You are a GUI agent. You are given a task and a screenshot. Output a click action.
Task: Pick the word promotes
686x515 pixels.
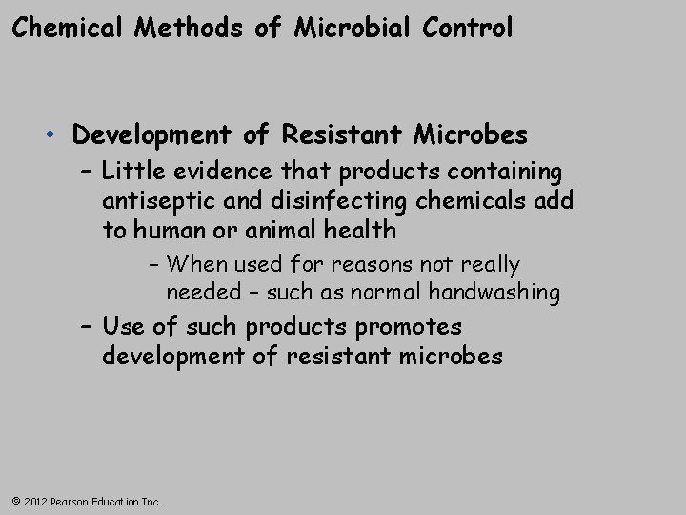point(410,327)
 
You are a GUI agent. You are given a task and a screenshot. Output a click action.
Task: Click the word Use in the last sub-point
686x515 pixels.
point(123,327)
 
